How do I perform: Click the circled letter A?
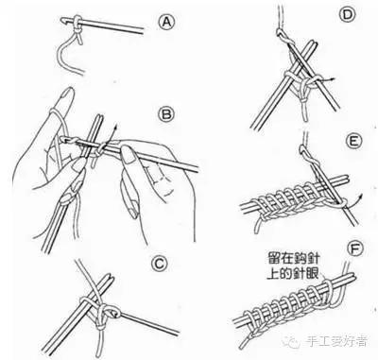click(x=166, y=23)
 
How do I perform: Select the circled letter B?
click(x=166, y=114)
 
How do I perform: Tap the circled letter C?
click(x=159, y=264)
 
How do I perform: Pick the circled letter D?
click(x=347, y=15)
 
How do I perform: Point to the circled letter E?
click(x=353, y=142)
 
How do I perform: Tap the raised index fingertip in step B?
click(x=67, y=94)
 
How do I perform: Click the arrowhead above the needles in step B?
click(x=115, y=127)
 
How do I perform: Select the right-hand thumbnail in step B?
click(x=128, y=155)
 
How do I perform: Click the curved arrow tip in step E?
click(x=361, y=196)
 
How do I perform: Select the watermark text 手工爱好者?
click(x=335, y=341)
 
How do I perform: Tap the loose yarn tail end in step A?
click(x=82, y=74)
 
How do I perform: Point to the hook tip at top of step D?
click(x=280, y=32)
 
